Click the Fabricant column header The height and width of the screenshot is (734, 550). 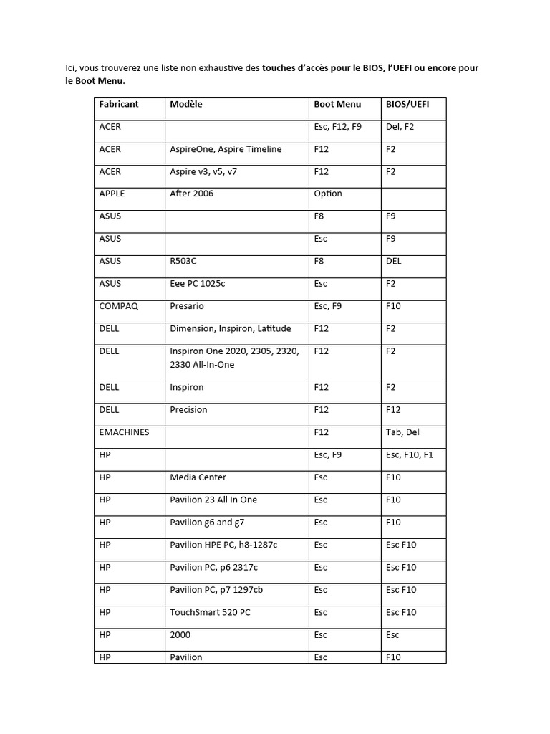pos(119,104)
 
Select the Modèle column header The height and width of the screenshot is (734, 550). pos(186,104)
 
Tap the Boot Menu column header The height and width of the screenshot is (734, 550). pos(337,104)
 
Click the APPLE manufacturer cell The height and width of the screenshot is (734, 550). pos(112,194)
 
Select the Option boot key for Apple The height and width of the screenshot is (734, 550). pos(328,194)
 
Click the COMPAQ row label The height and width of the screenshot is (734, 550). pos(119,306)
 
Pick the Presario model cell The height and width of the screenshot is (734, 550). pos(187,306)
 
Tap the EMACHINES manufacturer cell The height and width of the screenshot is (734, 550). pos(125,432)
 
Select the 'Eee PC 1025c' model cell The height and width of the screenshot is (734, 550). pos(198,284)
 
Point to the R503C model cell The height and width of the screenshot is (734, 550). pos(183,261)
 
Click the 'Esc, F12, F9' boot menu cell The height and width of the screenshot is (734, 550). pos(338,126)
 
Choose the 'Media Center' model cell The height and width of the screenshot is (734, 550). pos(198,477)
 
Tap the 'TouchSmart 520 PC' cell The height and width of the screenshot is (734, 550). pos(211,612)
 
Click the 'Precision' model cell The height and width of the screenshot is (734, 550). pos(188,410)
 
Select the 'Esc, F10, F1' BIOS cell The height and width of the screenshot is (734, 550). pos(410,454)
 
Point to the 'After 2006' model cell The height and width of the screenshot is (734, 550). pos(192,194)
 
